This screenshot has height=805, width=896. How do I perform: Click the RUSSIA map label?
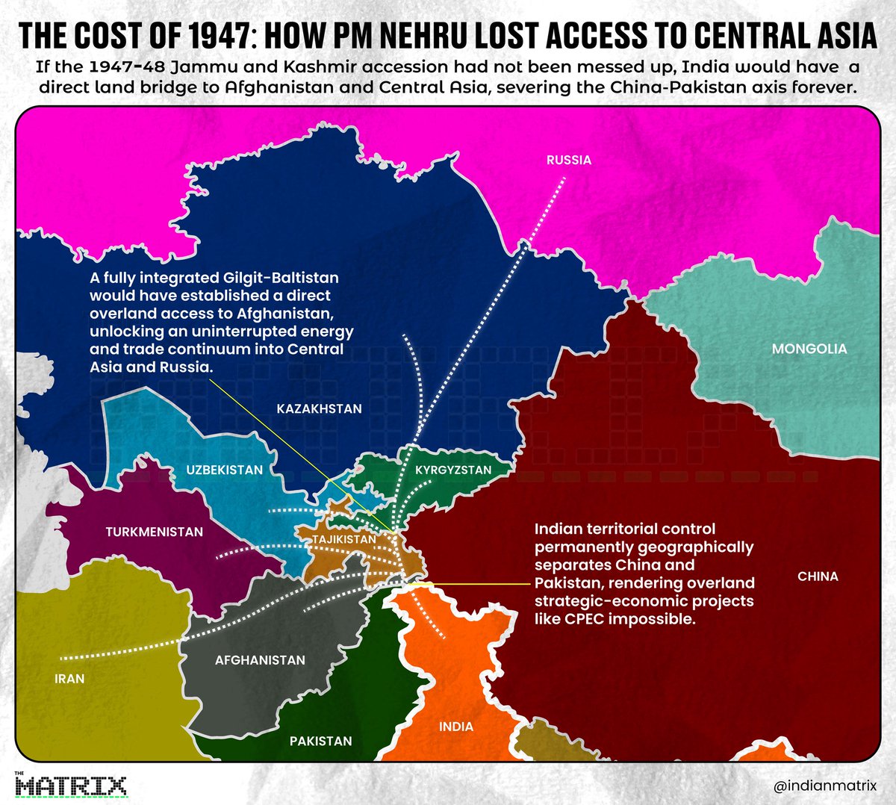[568, 160]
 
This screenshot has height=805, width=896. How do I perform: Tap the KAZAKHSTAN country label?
[319, 408]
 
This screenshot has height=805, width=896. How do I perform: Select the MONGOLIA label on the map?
[809, 349]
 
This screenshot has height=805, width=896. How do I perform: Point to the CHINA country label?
[818, 576]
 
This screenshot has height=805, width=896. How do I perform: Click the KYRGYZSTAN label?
[453, 470]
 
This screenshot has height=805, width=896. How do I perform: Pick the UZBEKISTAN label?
[224, 470]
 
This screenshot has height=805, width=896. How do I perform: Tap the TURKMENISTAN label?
[154, 532]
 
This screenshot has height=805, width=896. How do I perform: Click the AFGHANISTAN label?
[260, 660]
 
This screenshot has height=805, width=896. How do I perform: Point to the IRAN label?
[69, 679]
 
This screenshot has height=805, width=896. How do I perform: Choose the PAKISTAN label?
[320, 741]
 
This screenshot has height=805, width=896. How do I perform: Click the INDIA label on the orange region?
[455, 727]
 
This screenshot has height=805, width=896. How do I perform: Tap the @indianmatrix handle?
[824, 786]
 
